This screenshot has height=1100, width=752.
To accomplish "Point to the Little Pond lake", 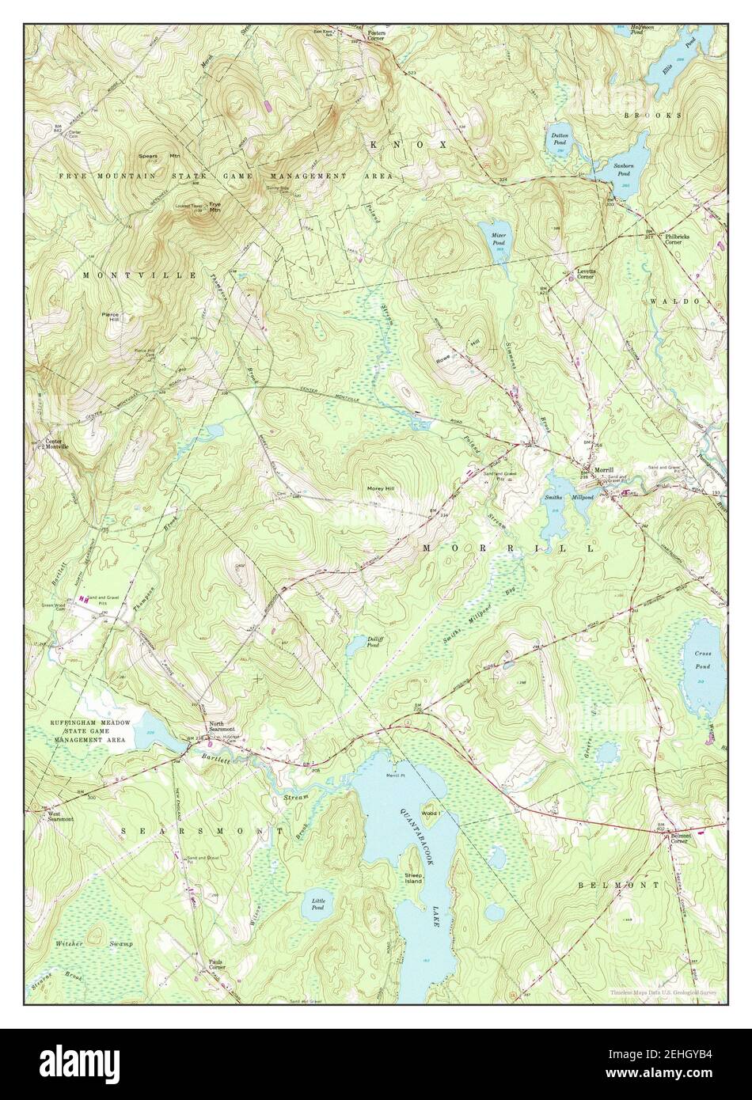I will pyautogui.click(x=318, y=904).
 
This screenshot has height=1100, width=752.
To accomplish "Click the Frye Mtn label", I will pyautogui.click(x=214, y=207).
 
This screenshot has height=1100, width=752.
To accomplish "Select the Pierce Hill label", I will pyautogui.click(x=110, y=317).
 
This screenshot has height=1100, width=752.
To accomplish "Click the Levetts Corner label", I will pyautogui.click(x=585, y=274).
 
